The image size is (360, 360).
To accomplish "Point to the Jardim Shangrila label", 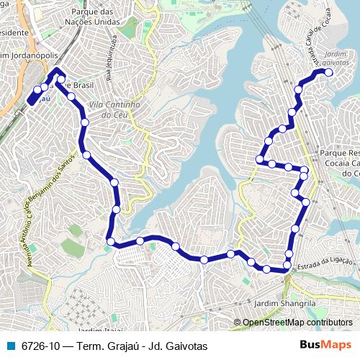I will pos(286,305).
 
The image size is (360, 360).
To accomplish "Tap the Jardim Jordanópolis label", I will pos(30,55).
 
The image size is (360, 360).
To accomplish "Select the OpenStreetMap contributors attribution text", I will pos(297,323).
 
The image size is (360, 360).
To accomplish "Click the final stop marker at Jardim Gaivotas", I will pos(329,73).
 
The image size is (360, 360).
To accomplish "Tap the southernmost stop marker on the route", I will pos(267,270).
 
